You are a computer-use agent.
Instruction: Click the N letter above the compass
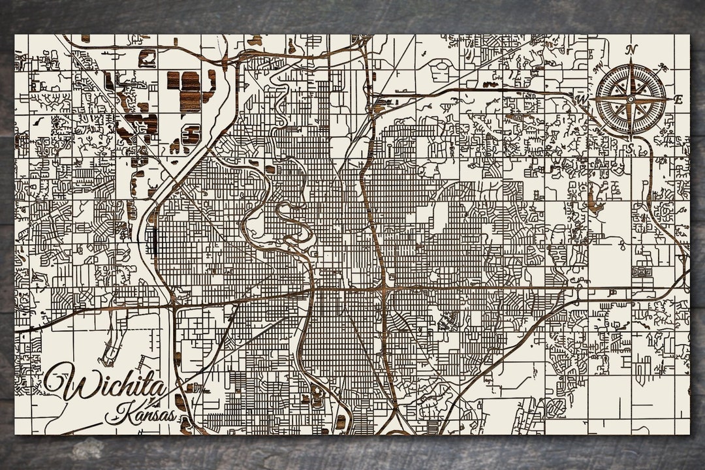point(631,50)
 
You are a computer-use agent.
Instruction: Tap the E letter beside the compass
point(678,100)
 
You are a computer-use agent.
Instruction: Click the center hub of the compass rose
point(631,99)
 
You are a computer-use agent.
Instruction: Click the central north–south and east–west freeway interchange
point(386,287)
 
